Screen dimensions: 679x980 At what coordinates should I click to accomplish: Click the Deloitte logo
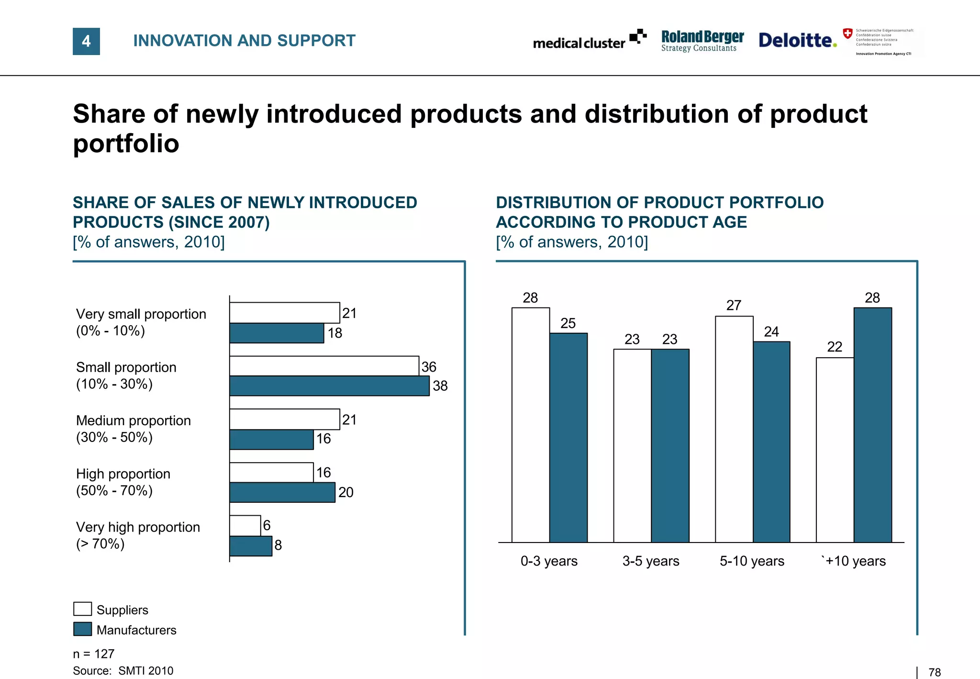pos(797,40)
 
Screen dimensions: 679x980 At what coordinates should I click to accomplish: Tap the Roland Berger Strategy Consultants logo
pos(702,41)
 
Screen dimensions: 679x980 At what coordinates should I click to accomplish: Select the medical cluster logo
pos(590,41)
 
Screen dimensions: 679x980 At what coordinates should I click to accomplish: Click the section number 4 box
pos(86,41)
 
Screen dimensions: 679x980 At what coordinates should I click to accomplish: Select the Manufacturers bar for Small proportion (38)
pos(329,386)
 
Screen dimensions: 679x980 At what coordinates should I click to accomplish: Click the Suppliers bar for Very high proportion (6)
pos(245,525)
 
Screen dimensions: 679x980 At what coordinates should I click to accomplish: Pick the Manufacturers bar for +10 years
pos(872,425)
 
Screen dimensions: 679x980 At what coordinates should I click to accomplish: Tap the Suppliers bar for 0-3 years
pos(530,425)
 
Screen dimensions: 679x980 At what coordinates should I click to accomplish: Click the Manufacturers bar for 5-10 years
pos(771,441)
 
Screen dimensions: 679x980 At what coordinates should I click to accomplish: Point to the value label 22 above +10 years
pos(835,347)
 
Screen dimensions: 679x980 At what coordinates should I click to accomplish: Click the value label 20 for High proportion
pos(345,492)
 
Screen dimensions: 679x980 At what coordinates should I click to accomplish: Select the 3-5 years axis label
pos(650,561)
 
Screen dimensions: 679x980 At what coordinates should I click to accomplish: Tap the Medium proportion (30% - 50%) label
pos(133,429)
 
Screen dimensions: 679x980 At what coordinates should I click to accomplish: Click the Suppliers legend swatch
pos(82,609)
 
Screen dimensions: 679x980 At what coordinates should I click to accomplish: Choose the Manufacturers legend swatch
pos(82,629)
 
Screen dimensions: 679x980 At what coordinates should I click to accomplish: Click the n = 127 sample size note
pos(94,654)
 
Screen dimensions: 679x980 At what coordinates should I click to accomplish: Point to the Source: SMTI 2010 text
pos(123,671)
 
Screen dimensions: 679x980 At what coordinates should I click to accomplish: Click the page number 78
pos(934,672)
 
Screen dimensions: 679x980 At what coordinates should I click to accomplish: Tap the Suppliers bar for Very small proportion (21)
pos(284,313)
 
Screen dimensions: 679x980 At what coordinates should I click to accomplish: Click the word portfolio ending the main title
pos(126,143)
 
